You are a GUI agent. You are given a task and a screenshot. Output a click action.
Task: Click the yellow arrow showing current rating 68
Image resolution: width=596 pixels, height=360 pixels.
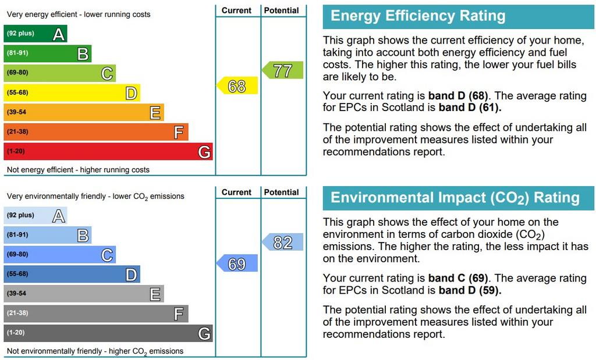[x=237, y=86]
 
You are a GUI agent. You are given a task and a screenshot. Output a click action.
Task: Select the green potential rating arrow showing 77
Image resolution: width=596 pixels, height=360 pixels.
[x=283, y=71]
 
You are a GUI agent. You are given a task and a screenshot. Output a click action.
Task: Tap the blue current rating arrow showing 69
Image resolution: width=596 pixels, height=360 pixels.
[x=237, y=264]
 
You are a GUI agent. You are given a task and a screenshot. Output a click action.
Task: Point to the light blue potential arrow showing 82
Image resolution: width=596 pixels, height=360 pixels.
[x=283, y=242]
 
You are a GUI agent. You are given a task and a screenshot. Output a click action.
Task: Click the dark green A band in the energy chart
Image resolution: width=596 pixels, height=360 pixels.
[x=36, y=34]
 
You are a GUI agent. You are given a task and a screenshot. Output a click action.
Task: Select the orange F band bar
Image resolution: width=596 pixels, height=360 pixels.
[x=96, y=132]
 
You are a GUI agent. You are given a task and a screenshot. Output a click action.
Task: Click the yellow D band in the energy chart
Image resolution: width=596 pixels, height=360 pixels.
[x=72, y=92]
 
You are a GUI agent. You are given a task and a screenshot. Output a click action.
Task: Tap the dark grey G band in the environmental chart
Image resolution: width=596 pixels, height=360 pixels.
[x=108, y=333]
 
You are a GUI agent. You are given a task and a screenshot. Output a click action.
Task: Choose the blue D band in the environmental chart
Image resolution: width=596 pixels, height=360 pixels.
[x=72, y=274]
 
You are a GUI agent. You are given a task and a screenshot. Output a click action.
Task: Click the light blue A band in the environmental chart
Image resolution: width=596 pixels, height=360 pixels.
[x=36, y=215]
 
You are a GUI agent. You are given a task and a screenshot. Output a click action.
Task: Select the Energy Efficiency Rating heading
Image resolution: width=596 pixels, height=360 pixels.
[x=418, y=16]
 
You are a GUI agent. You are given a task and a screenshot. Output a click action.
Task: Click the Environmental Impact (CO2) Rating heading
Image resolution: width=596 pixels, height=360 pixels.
[x=455, y=198]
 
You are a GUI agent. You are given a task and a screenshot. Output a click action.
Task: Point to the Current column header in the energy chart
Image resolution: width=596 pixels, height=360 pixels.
[x=237, y=10]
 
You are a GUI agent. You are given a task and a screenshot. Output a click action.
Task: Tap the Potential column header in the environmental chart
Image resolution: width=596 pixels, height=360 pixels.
[x=282, y=192]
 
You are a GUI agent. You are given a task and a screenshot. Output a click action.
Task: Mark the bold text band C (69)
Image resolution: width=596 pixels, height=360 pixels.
[x=458, y=278]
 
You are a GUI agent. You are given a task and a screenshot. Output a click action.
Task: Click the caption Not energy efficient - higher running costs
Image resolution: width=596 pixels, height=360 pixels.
[x=78, y=170]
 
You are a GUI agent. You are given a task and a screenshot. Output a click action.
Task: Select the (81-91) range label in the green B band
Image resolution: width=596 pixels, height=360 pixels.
[x=17, y=54]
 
